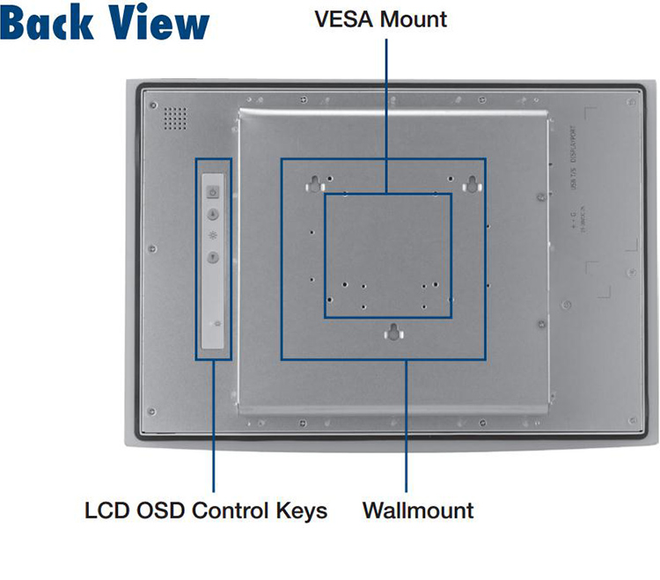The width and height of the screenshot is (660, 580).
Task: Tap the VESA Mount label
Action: coord(380,18)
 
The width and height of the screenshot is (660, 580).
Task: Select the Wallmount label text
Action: coord(418,510)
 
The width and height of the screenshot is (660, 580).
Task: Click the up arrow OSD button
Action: coord(212,214)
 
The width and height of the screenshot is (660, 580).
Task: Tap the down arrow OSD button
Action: coord(212,257)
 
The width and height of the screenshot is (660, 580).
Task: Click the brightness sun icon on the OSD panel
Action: coord(212,236)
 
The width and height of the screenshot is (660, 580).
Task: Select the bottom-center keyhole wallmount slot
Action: coord(394,333)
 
